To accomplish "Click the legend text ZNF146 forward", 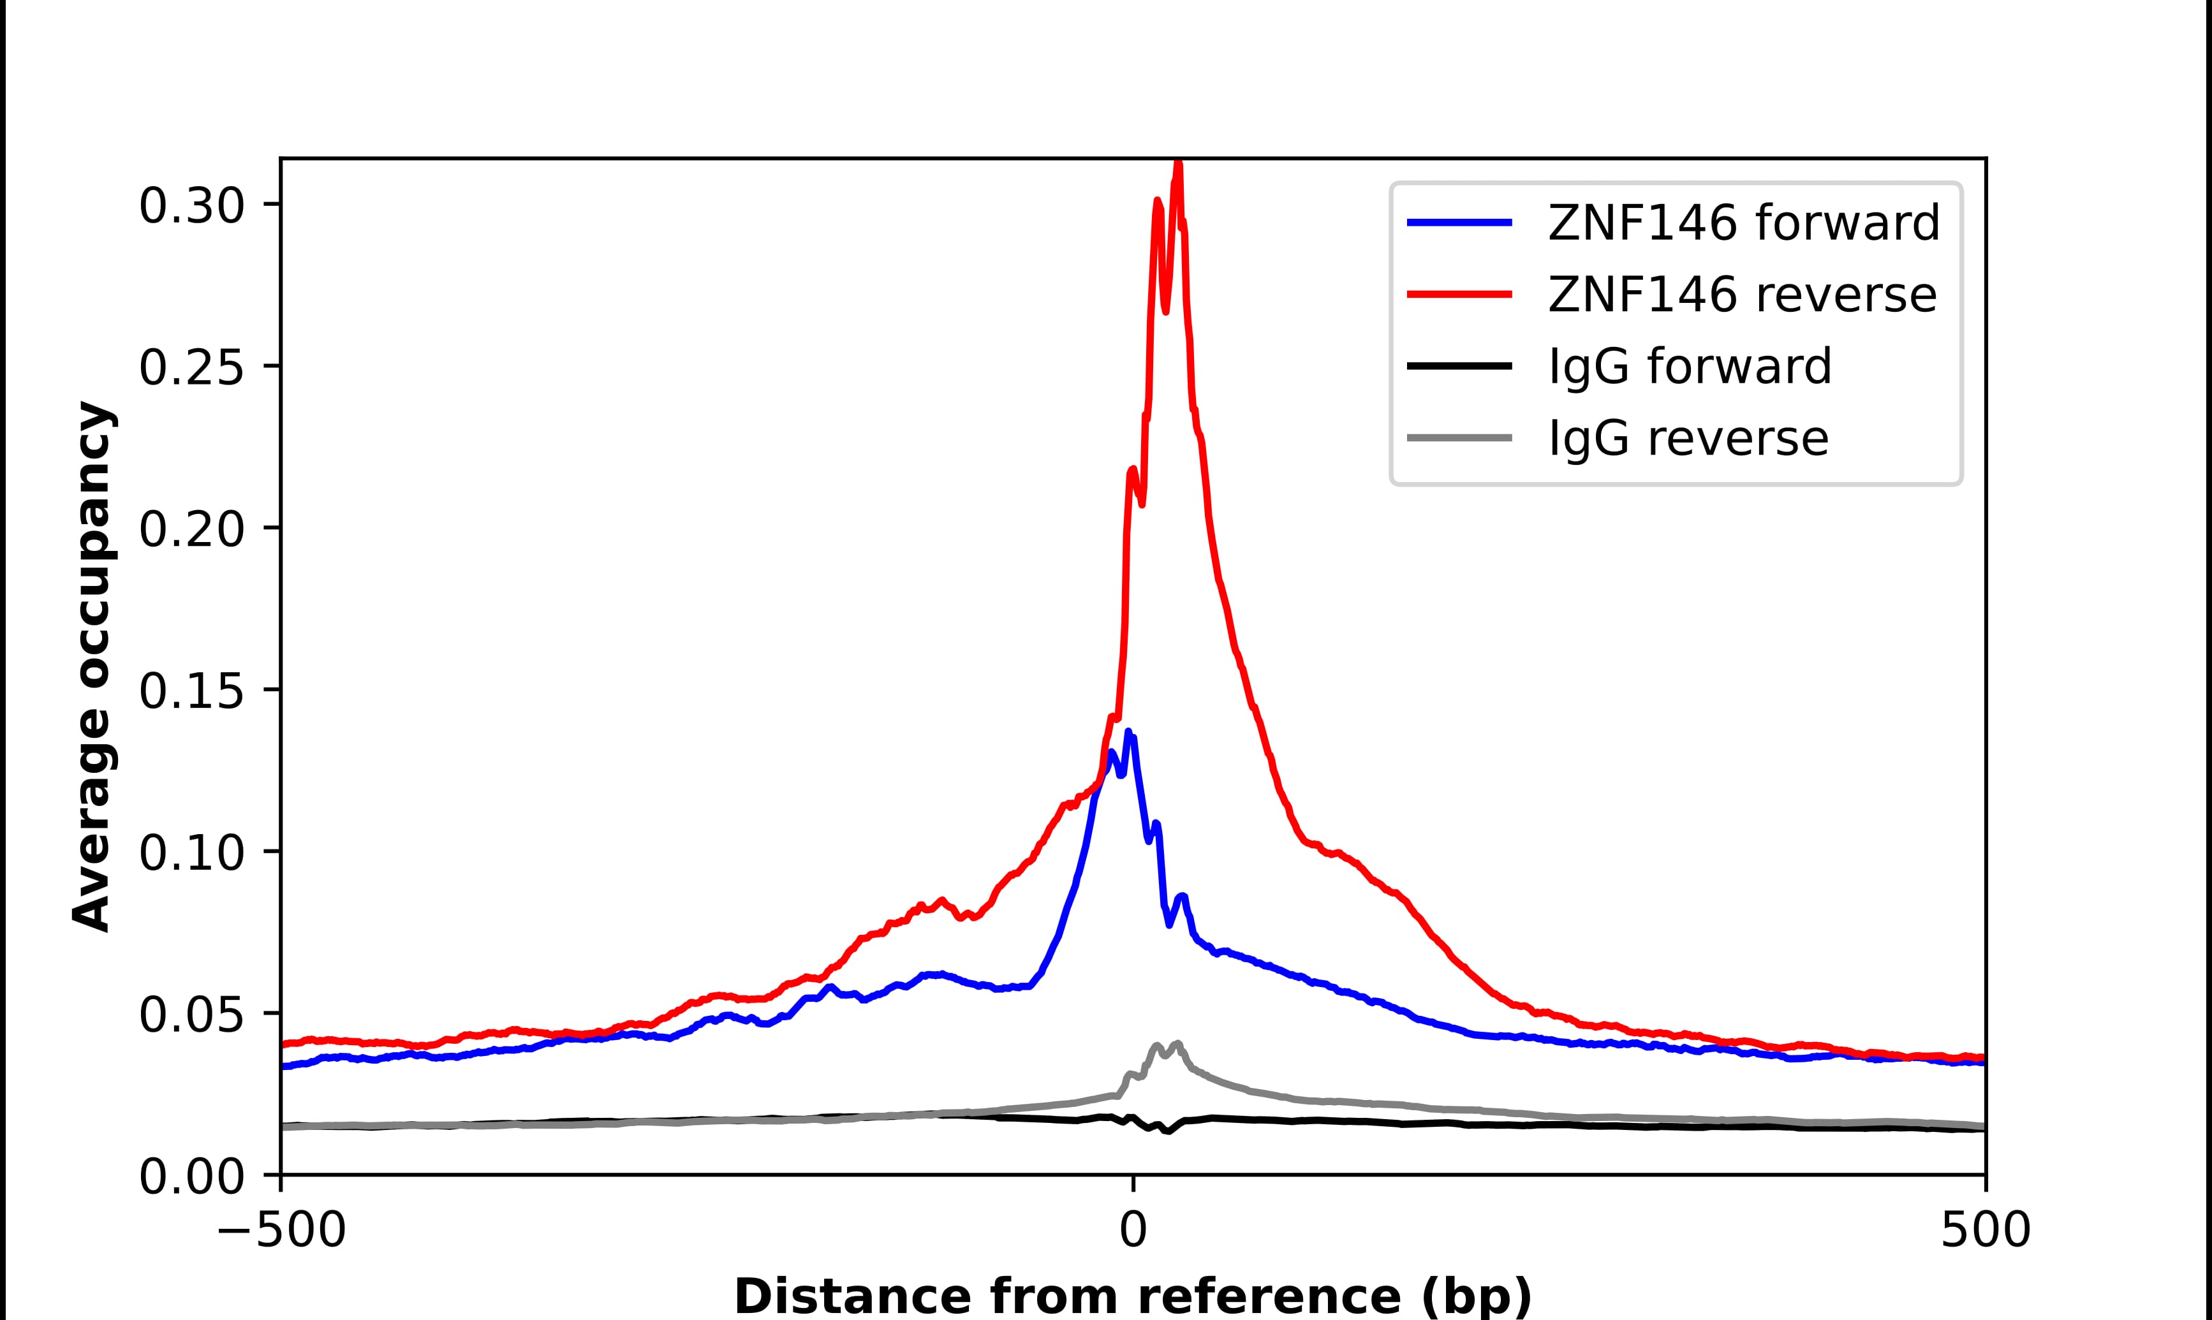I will pyautogui.click(x=1743, y=223).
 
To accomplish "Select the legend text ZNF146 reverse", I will pyautogui.click(x=1741, y=295).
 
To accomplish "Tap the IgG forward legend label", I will pyautogui.click(x=1690, y=367).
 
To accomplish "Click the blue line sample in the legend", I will pyautogui.click(x=1459, y=223).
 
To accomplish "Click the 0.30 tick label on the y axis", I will pyautogui.click(x=191, y=207).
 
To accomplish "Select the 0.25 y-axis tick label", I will pyautogui.click(x=191, y=367).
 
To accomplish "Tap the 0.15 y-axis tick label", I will pyautogui.click(x=191, y=691).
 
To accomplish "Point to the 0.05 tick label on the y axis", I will pyautogui.click(x=191, y=1015).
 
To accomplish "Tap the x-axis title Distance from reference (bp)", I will pyautogui.click(x=1132, y=1295).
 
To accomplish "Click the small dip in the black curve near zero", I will pyautogui.click(x=1167, y=1131).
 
